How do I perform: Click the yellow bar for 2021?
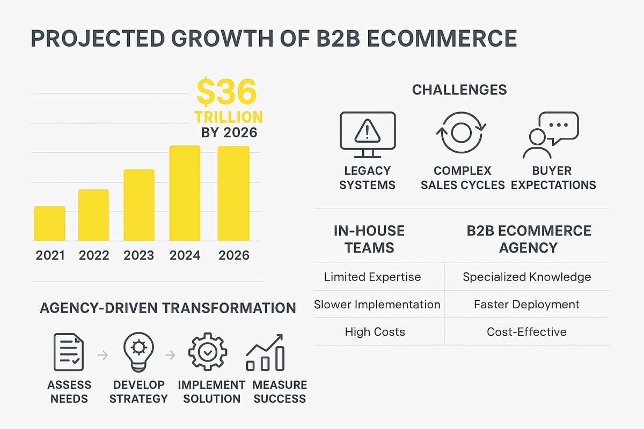(x=49, y=224)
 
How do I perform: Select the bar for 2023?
(x=140, y=205)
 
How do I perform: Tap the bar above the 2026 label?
(x=233, y=193)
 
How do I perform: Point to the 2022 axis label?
(x=94, y=255)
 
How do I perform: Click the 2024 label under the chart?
(x=185, y=255)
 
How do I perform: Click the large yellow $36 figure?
(x=226, y=92)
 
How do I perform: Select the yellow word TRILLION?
(x=229, y=117)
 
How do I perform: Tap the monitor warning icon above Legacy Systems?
(x=368, y=134)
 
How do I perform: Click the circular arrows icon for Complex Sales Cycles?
(x=462, y=133)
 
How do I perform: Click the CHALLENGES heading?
(x=459, y=90)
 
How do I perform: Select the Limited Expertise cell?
(x=372, y=277)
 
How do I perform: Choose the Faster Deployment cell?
(x=526, y=305)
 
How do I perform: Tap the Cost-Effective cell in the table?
(x=526, y=332)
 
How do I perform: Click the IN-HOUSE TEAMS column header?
(x=369, y=239)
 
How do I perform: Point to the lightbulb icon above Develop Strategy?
(x=138, y=352)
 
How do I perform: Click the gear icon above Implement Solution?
(x=208, y=352)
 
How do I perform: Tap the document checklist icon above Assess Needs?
(x=69, y=352)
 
